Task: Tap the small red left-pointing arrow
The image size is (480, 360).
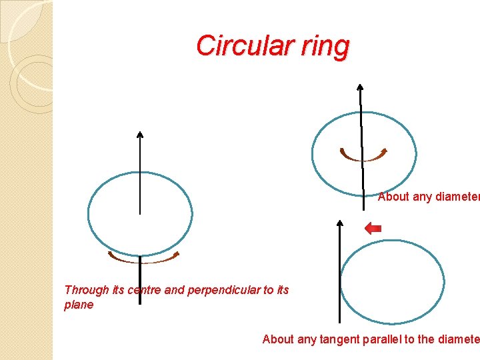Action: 373,229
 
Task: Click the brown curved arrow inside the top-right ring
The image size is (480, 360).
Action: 363,155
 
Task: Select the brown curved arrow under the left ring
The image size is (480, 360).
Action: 144,258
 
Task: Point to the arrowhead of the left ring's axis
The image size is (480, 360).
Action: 140,135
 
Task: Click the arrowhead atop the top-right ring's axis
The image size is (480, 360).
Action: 360,87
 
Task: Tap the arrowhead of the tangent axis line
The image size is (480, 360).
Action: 340,223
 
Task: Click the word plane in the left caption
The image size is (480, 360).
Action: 79,305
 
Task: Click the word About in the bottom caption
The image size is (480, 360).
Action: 278,339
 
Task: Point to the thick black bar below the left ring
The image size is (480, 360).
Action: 140,280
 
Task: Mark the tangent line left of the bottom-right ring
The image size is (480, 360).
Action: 340,280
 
